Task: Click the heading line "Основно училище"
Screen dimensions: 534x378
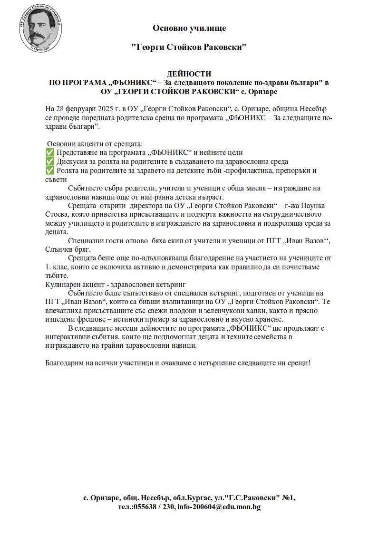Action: (x=189, y=28)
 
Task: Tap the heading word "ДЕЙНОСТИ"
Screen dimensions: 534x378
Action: (x=189, y=74)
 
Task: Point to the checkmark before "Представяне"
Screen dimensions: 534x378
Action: (x=49, y=153)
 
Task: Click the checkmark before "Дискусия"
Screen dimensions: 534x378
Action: (x=49, y=162)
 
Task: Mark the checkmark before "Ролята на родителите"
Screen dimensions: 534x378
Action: (x=49, y=171)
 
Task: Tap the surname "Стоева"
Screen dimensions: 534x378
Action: (x=57, y=215)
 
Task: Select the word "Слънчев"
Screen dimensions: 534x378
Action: (x=59, y=250)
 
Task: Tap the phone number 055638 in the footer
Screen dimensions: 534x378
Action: (x=146, y=507)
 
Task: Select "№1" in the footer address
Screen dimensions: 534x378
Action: (x=288, y=498)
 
